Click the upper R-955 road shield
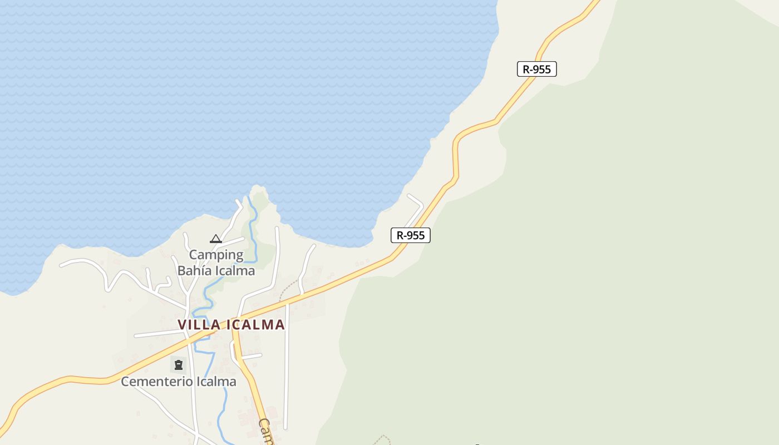coord(536,69)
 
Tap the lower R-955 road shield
coord(411,235)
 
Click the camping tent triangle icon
coord(216,239)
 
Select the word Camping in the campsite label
coord(216,255)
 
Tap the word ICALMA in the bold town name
coord(254,324)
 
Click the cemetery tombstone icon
coord(179,365)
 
